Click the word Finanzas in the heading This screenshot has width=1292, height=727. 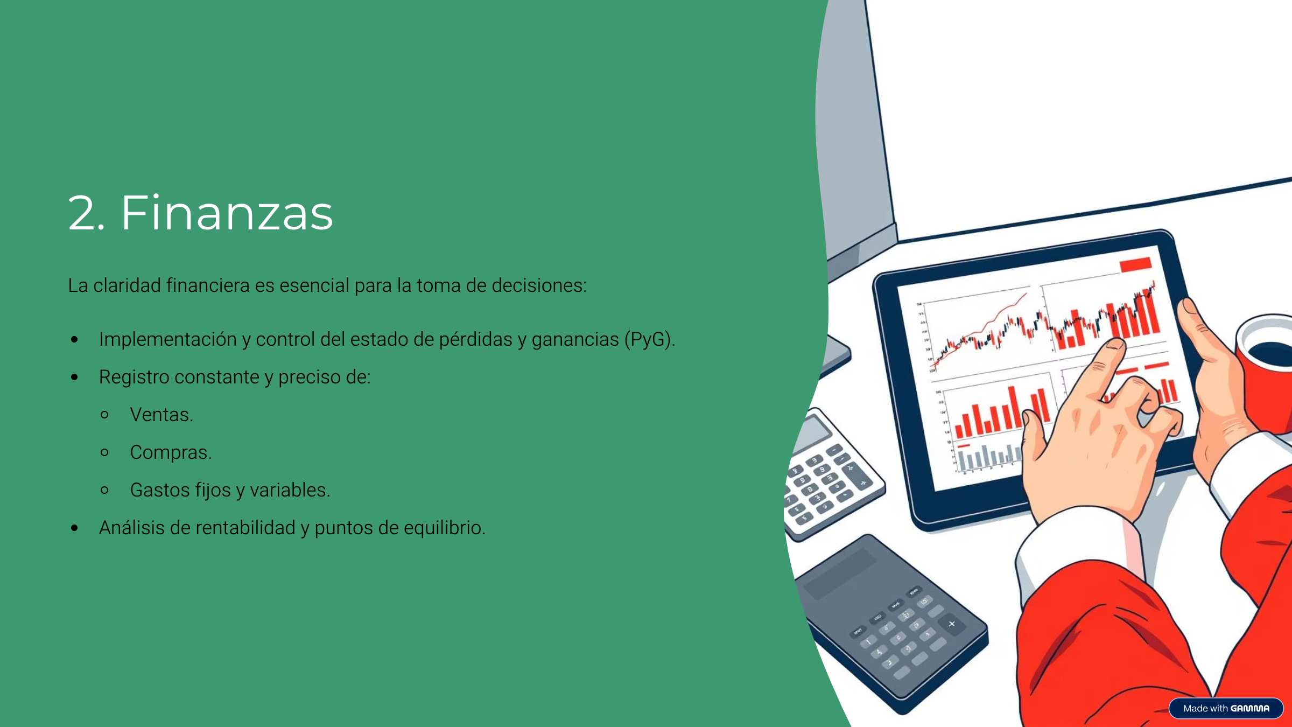click(x=227, y=213)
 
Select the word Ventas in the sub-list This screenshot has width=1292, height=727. click(x=161, y=415)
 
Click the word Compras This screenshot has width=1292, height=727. click(x=171, y=452)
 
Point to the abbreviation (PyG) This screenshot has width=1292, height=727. click(x=649, y=339)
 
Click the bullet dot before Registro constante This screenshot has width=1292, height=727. click(x=75, y=377)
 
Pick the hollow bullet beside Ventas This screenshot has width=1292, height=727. click(x=105, y=415)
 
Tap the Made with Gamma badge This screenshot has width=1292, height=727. click(x=1226, y=708)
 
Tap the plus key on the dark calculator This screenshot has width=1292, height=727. click(x=951, y=624)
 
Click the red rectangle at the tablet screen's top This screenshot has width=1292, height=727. click(x=1135, y=264)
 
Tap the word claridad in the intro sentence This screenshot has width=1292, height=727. click(x=127, y=285)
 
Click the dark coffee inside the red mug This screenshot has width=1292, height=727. click(x=1273, y=353)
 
